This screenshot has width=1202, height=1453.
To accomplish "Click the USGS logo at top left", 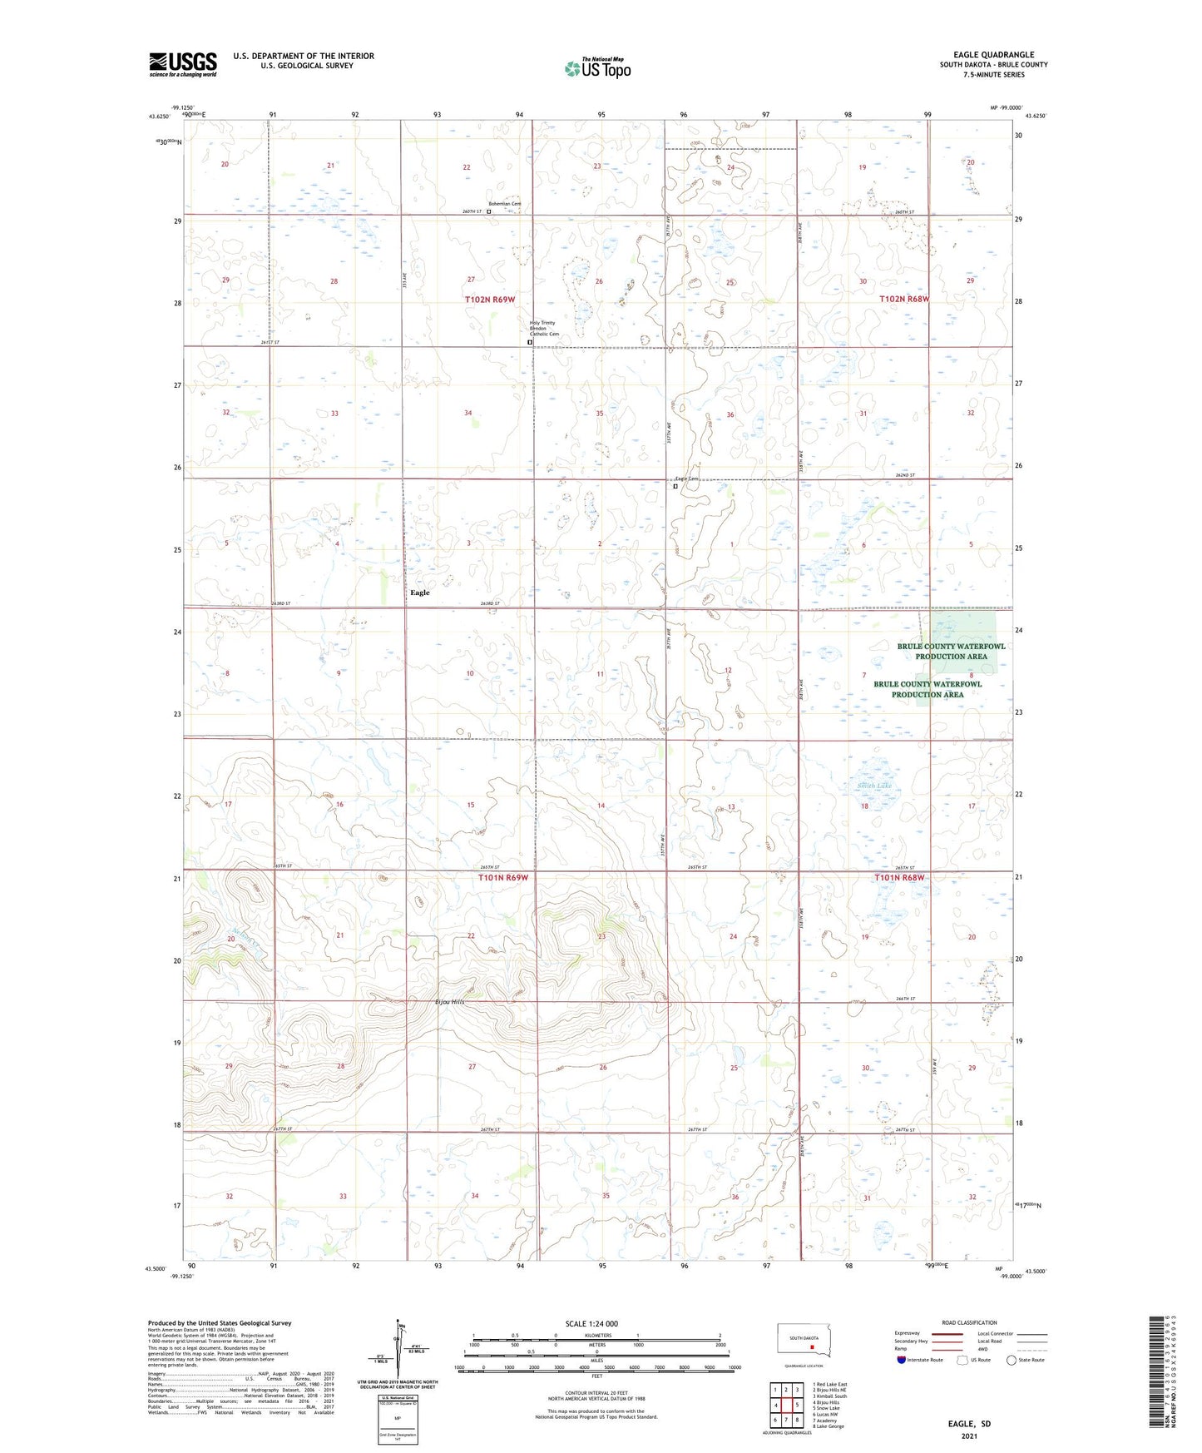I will pyautogui.click(x=182, y=64).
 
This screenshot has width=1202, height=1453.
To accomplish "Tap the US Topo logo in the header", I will pyautogui.click(x=596, y=68).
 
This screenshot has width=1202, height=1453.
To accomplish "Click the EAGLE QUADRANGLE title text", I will pyautogui.click(x=993, y=54).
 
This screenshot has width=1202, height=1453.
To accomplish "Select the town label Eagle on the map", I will pyautogui.click(x=420, y=593).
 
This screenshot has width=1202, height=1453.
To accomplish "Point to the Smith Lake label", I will pyautogui.click(x=874, y=786).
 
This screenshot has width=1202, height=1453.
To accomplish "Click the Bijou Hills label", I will pyautogui.click(x=450, y=1002).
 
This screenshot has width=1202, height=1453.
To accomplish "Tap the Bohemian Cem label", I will pyautogui.click(x=504, y=204).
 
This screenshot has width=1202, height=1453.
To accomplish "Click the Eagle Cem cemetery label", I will pyautogui.click(x=686, y=479).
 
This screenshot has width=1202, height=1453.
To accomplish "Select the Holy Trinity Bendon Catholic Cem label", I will pyautogui.click(x=544, y=328).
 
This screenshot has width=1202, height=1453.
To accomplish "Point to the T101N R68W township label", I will pyautogui.click(x=899, y=878).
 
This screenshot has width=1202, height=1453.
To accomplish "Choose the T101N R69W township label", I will pyautogui.click(x=502, y=878).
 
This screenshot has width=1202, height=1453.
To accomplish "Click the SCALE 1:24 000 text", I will pyautogui.click(x=591, y=1324).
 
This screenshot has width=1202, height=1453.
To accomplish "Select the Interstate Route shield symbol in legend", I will pyautogui.click(x=902, y=1360).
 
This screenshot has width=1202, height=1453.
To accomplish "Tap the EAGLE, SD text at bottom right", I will pyautogui.click(x=969, y=1424).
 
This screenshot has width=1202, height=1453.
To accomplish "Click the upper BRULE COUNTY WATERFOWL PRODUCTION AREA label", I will pyautogui.click(x=951, y=651).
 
